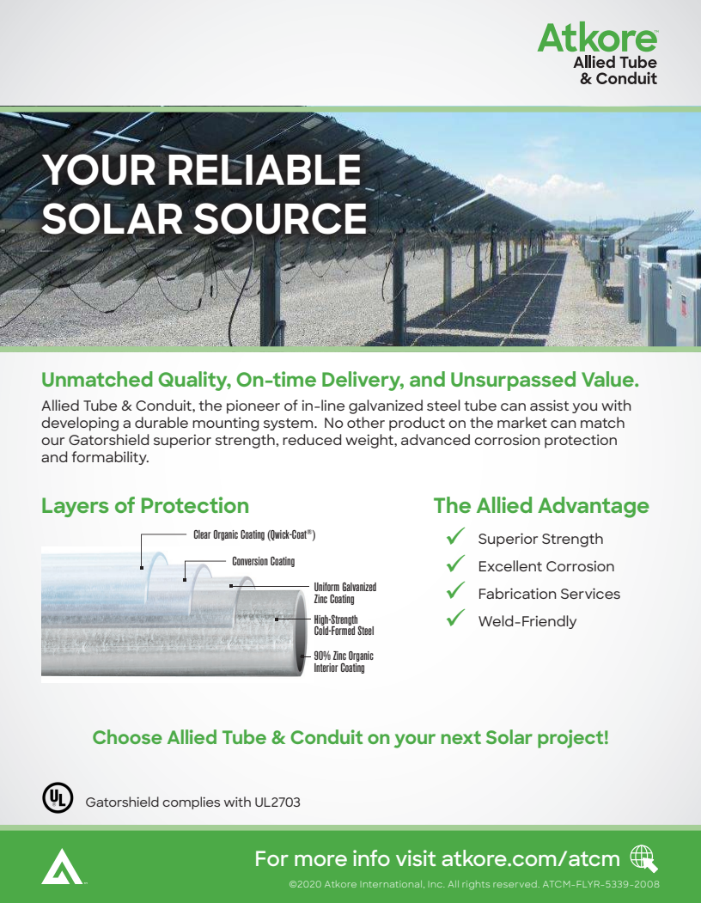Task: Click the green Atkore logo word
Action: tap(596, 40)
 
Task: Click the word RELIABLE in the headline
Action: tap(264, 169)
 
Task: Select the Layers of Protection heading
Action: tap(145, 505)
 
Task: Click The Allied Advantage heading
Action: tap(541, 505)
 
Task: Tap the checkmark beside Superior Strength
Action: tap(455, 538)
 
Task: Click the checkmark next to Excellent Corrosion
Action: tap(455, 565)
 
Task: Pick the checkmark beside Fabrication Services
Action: tap(455, 593)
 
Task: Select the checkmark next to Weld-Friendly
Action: tap(455, 620)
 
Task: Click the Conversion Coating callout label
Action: tap(263, 561)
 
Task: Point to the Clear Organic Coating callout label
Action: tap(254, 534)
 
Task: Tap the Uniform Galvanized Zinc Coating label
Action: tap(344, 593)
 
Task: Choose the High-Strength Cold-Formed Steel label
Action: tap(344, 625)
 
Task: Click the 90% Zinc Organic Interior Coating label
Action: tap(343, 662)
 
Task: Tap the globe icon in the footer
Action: tap(643, 857)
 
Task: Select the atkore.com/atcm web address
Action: tap(530, 858)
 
